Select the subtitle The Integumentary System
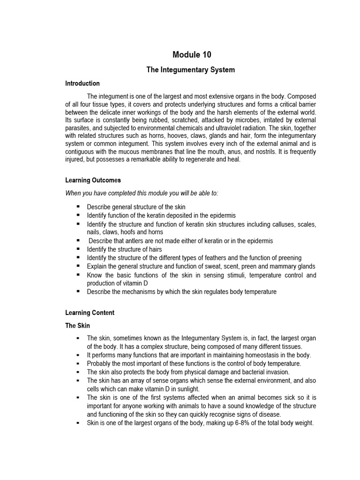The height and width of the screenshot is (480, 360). click(x=190, y=70)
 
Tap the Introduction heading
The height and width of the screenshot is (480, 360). click(x=82, y=83)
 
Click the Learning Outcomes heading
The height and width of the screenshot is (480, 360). click(x=93, y=180)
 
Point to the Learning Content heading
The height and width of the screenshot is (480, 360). click(x=90, y=313)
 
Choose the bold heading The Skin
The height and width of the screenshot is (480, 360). click(x=78, y=325)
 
